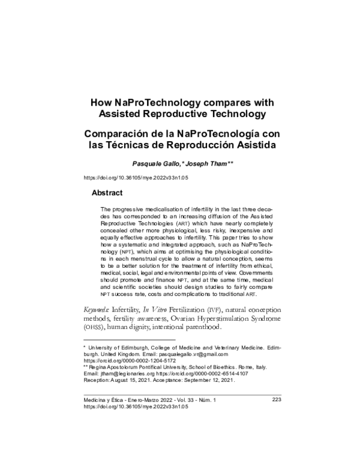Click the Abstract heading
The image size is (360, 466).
coord(107,193)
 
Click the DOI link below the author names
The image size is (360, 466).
coord(134,178)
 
